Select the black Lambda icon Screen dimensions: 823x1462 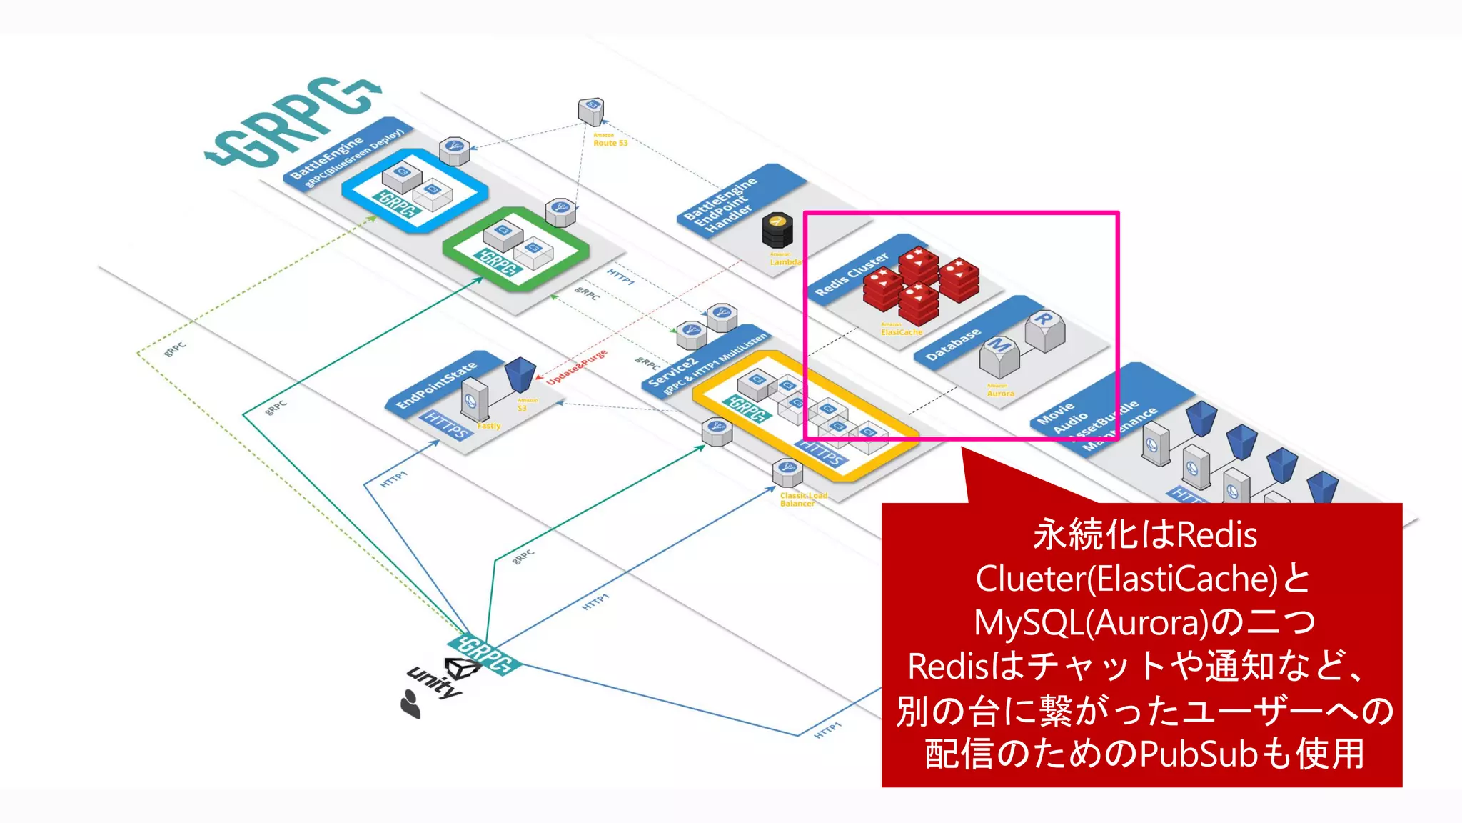click(777, 230)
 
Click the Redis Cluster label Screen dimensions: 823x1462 click(852, 274)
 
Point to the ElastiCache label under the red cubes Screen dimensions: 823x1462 click(901, 331)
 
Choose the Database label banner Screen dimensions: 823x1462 click(953, 344)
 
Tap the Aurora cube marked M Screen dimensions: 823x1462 click(999, 356)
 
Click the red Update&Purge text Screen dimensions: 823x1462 click(577, 367)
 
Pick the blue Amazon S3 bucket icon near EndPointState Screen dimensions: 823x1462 click(520, 374)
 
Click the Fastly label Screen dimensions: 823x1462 click(489, 426)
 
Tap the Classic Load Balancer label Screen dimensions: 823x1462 click(803, 499)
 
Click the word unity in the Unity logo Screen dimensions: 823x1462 click(433, 682)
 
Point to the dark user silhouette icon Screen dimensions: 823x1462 click(410, 704)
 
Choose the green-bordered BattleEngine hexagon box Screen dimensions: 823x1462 click(515, 249)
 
